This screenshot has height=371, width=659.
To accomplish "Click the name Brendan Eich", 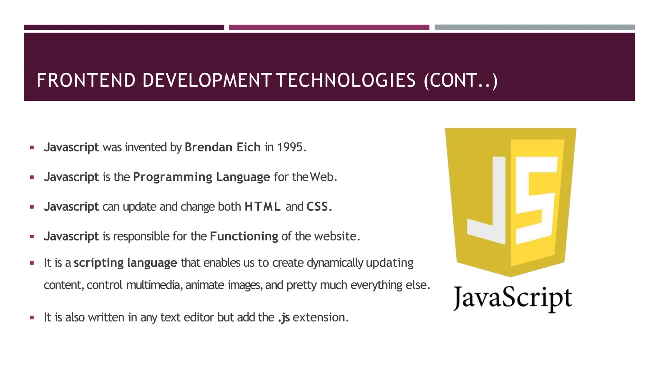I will coord(222,147).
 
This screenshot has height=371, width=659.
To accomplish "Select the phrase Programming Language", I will coord(201,177).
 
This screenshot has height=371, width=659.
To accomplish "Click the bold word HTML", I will coord(263,206).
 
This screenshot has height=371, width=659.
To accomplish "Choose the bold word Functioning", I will coord(244,236).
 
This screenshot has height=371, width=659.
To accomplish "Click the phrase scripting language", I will coord(125,263).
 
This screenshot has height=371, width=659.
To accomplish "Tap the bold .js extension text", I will coord(284,318).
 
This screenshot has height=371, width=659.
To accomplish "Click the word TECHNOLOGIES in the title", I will coord(346,81).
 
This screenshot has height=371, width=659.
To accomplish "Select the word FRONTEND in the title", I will coord(86,81).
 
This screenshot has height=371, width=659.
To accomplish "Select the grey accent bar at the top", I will coord(534,27).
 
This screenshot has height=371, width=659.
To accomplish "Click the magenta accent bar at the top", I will coord(329,27).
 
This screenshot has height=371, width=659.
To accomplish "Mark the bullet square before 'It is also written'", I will coord(32,318).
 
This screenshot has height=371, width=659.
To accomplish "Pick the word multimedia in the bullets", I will coord(153,285).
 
